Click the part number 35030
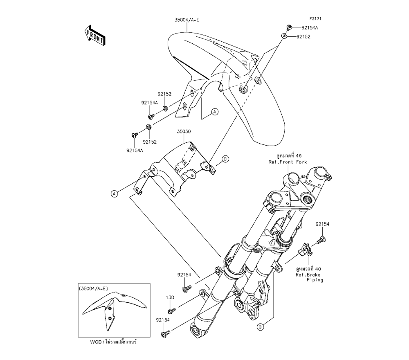[x=185, y=132]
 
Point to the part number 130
[x=170, y=297]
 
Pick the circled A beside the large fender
[x=214, y=112]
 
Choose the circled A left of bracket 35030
[x=114, y=193]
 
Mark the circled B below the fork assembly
[x=261, y=326]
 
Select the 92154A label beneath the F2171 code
[x=310, y=28]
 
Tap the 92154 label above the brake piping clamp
[x=322, y=225]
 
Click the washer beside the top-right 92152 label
[x=283, y=36]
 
